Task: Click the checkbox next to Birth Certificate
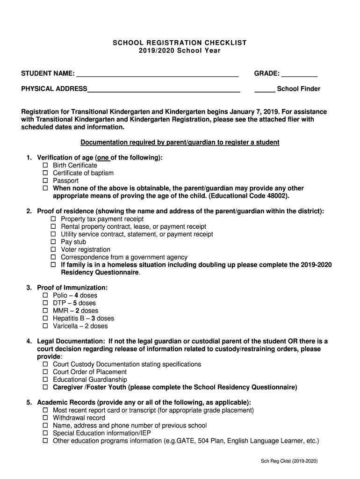point(46,166)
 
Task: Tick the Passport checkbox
point(46,181)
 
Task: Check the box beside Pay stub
point(53,242)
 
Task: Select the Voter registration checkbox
point(53,250)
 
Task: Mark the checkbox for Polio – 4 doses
point(46,296)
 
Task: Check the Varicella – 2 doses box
point(46,326)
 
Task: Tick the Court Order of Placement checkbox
point(46,372)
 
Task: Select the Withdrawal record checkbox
point(46,418)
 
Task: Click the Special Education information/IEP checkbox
point(46,433)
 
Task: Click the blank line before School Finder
point(264,89)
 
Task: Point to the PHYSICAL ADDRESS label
point(54,89)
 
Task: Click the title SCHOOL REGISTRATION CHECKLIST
point(180,43)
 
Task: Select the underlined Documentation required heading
point(180,142)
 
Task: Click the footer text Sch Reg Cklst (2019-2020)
point(289,461)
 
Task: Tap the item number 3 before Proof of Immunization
point(29,288)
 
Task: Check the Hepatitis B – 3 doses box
point(46,319)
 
